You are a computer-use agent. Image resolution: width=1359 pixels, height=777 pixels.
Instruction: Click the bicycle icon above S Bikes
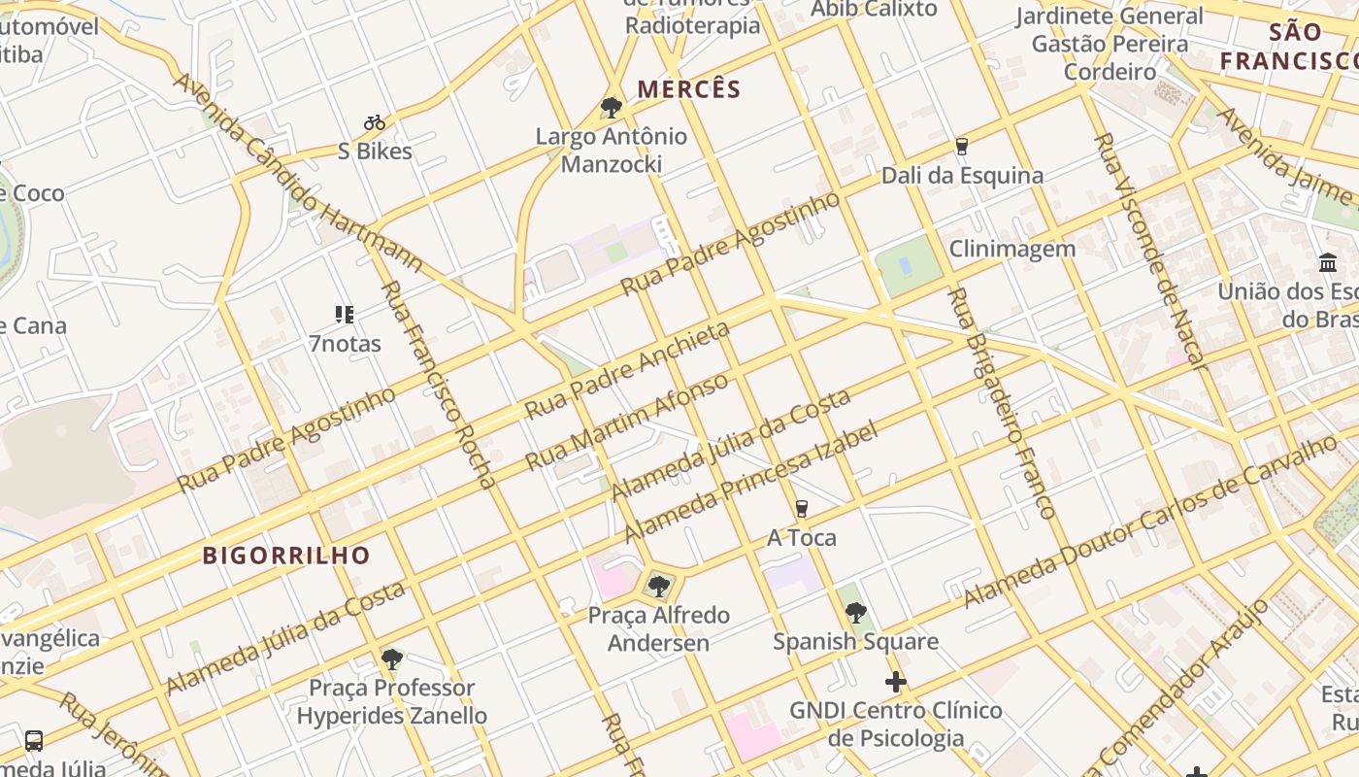[375, 123]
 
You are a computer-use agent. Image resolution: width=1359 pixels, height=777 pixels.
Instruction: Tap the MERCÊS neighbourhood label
[689, 89]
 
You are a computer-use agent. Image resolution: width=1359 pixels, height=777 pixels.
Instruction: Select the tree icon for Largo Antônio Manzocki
[611, 107]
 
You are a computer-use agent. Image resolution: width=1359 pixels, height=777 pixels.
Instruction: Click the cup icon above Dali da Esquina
[962, 147]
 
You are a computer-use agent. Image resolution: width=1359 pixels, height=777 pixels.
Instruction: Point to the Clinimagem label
[1012, 249]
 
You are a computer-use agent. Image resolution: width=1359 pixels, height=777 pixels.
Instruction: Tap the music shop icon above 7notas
[345, 315]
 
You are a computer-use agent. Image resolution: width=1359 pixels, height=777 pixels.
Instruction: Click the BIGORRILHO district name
[286, 556]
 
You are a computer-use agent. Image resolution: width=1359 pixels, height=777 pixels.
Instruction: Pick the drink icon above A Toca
[801, 509]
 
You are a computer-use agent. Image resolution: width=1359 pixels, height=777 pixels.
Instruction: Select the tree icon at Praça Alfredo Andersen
[659, 586]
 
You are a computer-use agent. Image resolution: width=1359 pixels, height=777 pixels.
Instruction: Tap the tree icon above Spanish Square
[855, 612]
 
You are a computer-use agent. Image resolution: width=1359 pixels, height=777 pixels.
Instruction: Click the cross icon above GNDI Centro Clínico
[896, 682]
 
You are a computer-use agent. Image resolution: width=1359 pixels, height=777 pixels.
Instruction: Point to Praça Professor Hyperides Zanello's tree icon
[391, 659]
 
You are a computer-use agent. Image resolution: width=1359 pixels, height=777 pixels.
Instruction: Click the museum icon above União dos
[1328, 262]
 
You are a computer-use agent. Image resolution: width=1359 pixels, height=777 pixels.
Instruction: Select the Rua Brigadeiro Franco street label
[1000, 402]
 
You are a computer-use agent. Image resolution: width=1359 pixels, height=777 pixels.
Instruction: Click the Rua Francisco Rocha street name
[437, 384]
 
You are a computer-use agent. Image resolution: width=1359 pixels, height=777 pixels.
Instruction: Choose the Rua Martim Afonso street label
[627, 422]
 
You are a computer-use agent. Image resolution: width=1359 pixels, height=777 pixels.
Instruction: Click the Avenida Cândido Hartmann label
[298, 172]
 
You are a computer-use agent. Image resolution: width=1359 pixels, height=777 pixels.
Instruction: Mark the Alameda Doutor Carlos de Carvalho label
[1150, 522]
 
